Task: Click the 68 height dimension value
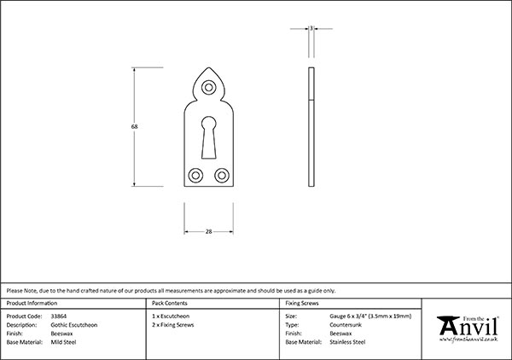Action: coord(135,126)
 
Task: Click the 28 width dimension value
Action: coord(208,231)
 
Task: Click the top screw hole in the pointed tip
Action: coord(208,84)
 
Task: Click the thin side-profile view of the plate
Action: coord(313,128)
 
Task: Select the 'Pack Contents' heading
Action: coord(169,303)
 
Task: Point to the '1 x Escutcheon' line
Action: coord(169,316)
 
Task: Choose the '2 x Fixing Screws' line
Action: coord(172,325)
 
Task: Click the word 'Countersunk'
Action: coord(346,325)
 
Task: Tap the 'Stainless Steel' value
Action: coord(347,342)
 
